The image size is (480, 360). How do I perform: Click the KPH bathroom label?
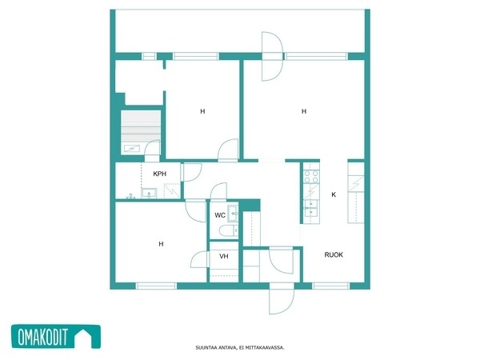(159, 174)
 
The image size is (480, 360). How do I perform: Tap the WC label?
(220, 215)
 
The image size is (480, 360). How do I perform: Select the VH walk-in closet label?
(224, 256)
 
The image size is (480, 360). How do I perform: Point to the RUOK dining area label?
(334, 254)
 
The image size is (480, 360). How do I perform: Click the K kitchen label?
(334, 194)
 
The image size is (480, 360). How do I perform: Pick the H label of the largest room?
(304, 111)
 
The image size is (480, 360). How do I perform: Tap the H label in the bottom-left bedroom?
(161, 244)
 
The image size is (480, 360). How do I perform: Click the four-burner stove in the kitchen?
(311, 177)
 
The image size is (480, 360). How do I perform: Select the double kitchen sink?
(311, 208)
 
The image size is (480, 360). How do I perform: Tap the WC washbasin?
(233, 213)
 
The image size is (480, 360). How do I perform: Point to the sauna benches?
(141, 126)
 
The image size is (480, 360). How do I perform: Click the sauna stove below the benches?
(132, 149)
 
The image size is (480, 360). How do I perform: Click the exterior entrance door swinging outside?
(282, 302)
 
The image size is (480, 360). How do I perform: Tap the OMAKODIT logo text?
(43, 337)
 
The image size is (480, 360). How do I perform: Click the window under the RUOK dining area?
(330, 286)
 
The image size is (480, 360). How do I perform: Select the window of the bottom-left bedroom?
(156, 286)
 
